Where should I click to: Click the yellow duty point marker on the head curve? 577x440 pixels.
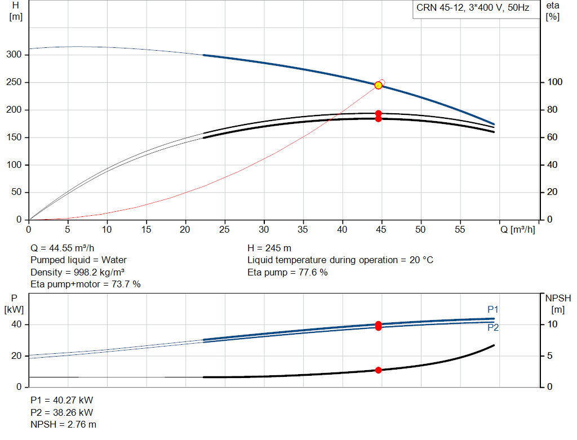pos(378,85)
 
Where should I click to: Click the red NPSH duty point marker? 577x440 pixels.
pos(378,370)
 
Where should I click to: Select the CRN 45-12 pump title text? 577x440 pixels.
pos(473,8)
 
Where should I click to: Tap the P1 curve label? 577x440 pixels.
pos(492,309)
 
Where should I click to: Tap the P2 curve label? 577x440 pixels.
pos(493,327)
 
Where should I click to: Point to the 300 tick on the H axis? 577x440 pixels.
pos(14,55)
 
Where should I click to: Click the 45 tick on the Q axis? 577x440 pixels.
pos(381,229)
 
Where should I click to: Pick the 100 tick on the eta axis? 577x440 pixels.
pos(554,82)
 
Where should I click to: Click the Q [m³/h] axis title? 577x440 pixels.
pos(518,229)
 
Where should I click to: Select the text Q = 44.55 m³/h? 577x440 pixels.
pos(62,248)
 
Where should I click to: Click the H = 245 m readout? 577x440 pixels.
pos(269,248)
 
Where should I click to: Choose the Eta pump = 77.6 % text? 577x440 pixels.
pos(287,273)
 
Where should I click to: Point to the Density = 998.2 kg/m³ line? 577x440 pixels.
pos(77,273)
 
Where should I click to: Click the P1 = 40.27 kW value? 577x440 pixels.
pos(62,400)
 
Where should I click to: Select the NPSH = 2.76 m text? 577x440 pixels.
pos(63,425)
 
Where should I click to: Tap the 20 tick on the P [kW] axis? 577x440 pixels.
pos(16,355)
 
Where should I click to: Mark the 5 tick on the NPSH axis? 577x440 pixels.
pos(550,355)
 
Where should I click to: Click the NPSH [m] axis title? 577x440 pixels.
pos(558,304)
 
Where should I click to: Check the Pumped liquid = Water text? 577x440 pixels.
pos(78,260)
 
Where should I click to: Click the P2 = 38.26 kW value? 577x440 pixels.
pos(62,413)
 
